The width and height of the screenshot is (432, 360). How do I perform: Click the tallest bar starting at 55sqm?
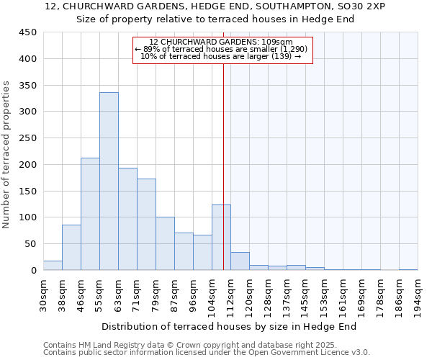109,181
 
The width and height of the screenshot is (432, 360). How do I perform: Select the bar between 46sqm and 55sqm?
90,214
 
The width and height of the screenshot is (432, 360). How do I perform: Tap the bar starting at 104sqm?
221,238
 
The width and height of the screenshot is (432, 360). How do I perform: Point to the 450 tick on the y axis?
28,32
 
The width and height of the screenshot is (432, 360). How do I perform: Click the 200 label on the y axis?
28,165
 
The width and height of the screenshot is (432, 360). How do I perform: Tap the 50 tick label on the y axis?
31,244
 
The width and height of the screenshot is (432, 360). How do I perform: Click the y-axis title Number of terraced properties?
6,155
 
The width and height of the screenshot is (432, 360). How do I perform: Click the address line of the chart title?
215,6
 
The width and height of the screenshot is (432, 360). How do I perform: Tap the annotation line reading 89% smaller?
222,49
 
